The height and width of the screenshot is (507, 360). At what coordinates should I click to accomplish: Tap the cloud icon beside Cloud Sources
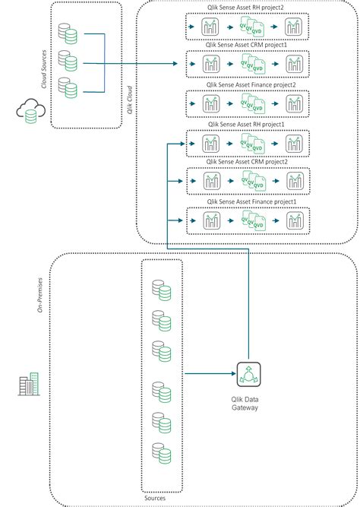pos(28,113)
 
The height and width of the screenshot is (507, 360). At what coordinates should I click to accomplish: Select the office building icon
pos(28,385)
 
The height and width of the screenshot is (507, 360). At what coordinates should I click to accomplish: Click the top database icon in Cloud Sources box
pos(68,33)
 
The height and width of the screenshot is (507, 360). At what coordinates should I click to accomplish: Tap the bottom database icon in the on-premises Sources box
pos(162,455)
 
